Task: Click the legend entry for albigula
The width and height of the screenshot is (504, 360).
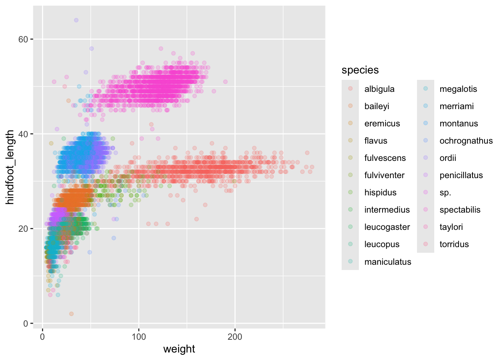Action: point(379,89)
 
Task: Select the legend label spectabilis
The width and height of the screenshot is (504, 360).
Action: point(460,210)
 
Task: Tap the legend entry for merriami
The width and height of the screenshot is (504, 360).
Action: point(456,106)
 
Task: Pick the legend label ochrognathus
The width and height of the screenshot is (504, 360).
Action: point(466,141)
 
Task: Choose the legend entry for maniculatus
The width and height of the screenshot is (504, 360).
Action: point(387,262)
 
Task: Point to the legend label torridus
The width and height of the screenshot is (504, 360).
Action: point(454,244)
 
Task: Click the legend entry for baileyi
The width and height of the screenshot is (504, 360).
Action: point(376,106)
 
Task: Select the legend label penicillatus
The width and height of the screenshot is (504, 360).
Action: point(461,175)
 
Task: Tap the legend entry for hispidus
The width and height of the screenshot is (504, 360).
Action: point(380,192)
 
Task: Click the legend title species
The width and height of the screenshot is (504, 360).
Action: point(360,70)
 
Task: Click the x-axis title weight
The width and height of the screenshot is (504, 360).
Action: point(179,349)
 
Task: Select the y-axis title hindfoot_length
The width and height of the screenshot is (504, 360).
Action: point(10,167)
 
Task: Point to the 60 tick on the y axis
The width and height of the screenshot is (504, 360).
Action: point(23,39)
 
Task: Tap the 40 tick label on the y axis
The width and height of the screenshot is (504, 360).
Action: point(23,134)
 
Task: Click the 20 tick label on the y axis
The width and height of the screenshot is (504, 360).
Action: point(23,229)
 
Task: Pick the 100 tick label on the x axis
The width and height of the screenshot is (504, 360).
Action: point(139,337)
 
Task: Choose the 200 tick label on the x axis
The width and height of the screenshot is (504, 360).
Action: point(235,337)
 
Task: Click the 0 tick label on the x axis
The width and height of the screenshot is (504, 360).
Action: point(42,337)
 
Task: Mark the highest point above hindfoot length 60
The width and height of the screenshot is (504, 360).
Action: point(76,20)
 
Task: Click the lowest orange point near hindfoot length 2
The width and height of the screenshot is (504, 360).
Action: point(71,314)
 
